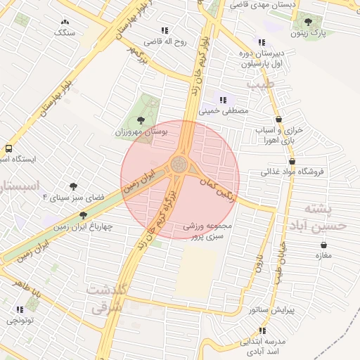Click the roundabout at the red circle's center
[x=181, y=166]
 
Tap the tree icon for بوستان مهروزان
[x=141, y=120]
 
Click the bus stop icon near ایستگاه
[x=8, y=148]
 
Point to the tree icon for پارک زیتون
[x=310, y=22]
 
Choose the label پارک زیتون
[x=309, y=33]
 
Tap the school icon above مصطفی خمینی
[x=224, y=100]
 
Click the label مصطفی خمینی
[x=224, y=111]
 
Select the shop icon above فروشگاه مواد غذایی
[x=281, y=160]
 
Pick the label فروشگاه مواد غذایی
[x=290, y=171]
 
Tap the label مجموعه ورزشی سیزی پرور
[x=207, y=232]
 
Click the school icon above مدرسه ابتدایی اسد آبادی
[x=262, y=330]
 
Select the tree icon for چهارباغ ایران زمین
[x=83, y=215]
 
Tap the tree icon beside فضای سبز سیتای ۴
[x=72, y=187]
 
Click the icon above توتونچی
[x=20, y=309]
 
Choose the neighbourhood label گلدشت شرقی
[x=107, y=298]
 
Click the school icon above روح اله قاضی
[x=165, y=30]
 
